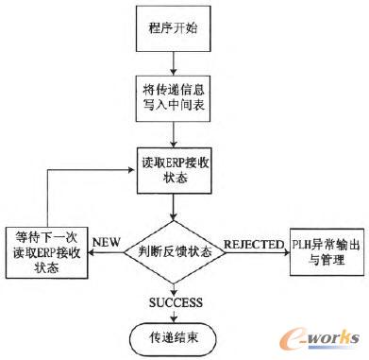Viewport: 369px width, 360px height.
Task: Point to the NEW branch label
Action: pos(104,241)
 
